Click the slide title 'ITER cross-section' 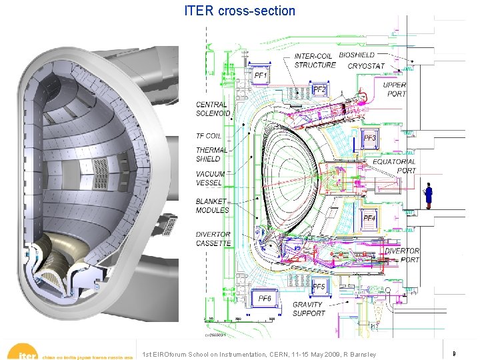(x=240, y=11)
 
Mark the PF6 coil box (x=265, y=298)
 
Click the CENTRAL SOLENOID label (x=213, y=109)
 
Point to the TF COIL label (x=209, y=135)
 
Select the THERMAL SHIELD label (x=211, y=155)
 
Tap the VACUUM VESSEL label (x=210, y=179)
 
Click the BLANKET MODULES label (x=212, y=205)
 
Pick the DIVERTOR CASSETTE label (x=213, y=239)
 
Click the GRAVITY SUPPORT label (x=309, y=309)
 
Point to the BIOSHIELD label (x=357, y=55)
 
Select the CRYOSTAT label (x=366, y=66)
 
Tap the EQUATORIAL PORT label (x=394, y=165)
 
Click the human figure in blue (x=429, y=195)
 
